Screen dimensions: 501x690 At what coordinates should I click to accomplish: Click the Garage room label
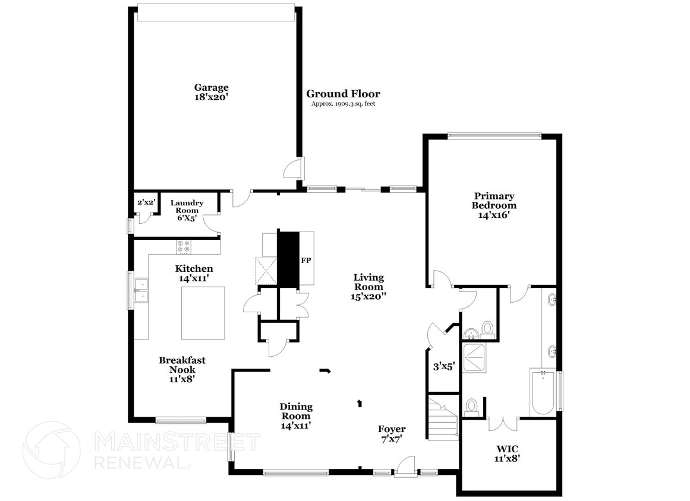pyautogui.click(x=211, y=92)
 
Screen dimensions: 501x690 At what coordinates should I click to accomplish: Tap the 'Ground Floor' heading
pyautogui.click(x=343, y=94)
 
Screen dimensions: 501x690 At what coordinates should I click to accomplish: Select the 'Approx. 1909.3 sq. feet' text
pyautogui.click(x=343, y=104)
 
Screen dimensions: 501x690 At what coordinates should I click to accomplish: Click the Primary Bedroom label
pyautogui.click(x=494, y=205)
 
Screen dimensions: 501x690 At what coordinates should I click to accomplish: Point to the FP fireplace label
pyautogui.click(x=306, y=260)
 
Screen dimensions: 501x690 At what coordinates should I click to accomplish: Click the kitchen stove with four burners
pyautogui.click(x=183, y=246)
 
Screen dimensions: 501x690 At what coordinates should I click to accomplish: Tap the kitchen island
pyautogui.click(x=203, y=312)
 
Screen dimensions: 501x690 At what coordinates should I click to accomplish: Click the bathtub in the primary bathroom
pyautogui.click(x=543, y=392)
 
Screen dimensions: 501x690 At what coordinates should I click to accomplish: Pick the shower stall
pyautogui.click(x=475, y=357)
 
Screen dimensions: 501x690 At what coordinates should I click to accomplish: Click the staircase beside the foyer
pyautogui.click(x=443, y=418)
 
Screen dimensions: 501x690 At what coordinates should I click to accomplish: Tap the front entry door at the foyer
pyautogui.click(x=406, y=467)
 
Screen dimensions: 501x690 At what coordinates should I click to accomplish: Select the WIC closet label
pyautogui.click(x=509, y=453)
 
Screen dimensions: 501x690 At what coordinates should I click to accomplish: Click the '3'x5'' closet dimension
pyautogui.click(x=443, y=367)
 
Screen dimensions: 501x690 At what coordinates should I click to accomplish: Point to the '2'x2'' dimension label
pyautogui.click(x=146, y=202)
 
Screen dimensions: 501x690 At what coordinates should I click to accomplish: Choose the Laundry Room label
pyautogui.click(x=187, y=210)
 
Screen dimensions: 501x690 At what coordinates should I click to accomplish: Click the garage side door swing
pyautogui.click(x=292, y=169)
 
